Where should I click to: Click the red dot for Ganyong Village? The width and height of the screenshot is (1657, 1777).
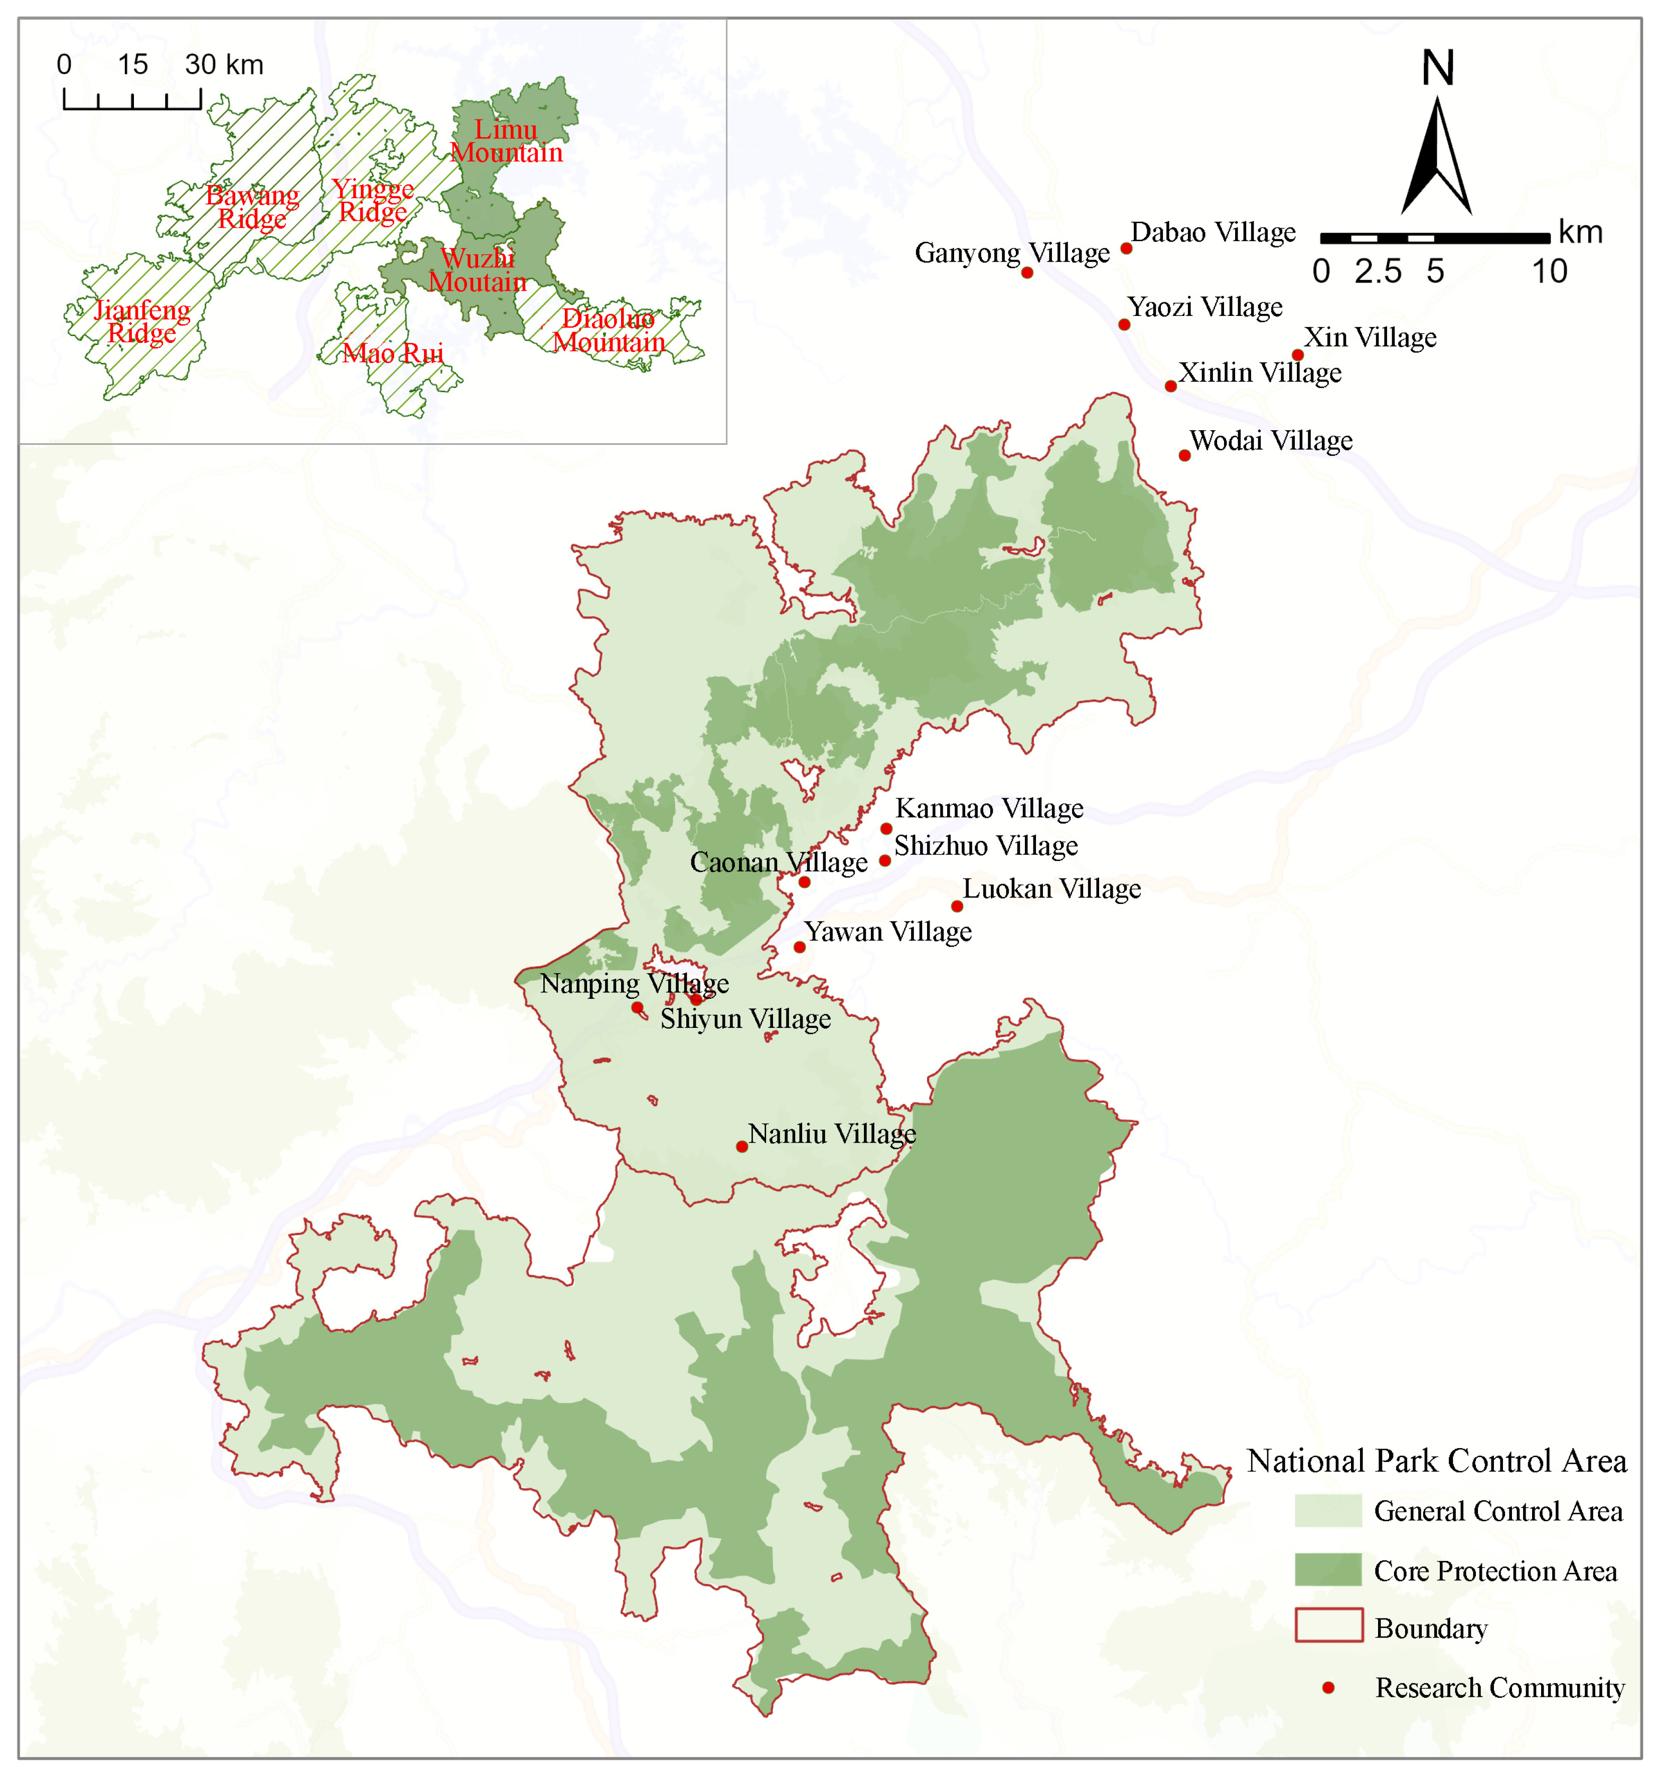[1026, 273]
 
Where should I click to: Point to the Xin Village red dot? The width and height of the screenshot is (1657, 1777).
[1297, 355]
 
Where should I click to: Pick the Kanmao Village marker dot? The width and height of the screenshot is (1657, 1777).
[886, 829]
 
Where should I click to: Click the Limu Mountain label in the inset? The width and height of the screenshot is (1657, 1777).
[506, 141]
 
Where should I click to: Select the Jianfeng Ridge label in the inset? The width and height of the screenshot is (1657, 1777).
[141, 322]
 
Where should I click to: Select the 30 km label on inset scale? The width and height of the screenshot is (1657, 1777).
[224, 64]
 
